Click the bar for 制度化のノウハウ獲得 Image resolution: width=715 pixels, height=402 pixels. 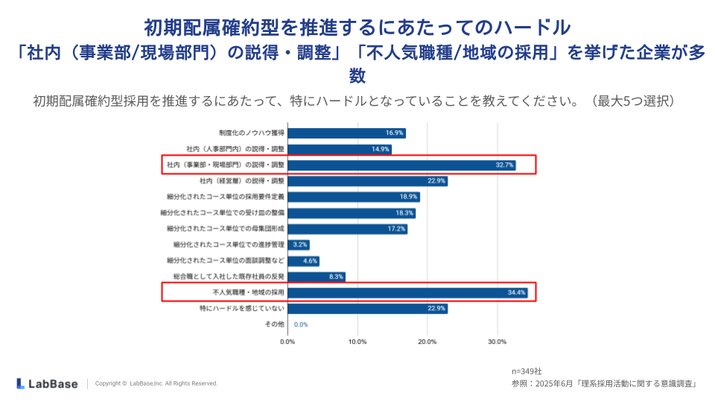(346, 133)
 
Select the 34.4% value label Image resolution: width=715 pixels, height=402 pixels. (517, 293)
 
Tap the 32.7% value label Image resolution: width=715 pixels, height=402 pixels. (505, 165)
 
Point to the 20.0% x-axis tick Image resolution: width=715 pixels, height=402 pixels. (427, 342)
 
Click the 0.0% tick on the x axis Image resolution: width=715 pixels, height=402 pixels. (287, 342)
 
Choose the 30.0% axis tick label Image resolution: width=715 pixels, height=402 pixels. (497, 342)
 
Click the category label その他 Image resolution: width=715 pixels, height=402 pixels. (275, 325)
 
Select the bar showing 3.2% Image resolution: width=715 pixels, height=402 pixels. (299, 244)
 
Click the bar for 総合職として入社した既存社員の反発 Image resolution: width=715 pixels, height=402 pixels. (317, 276)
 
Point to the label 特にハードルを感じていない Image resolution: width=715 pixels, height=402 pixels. (242, 308)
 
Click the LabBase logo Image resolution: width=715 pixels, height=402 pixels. (46, 383)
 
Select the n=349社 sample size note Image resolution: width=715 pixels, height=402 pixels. (527, 371)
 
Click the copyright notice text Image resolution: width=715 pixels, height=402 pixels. (156, 383)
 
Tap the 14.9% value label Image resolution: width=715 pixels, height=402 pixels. (381, 149)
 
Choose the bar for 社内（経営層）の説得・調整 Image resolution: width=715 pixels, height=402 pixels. (367, 181)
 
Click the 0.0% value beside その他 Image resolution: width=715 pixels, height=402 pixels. (301, 325)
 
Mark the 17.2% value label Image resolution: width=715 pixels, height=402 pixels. (396, 229)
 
